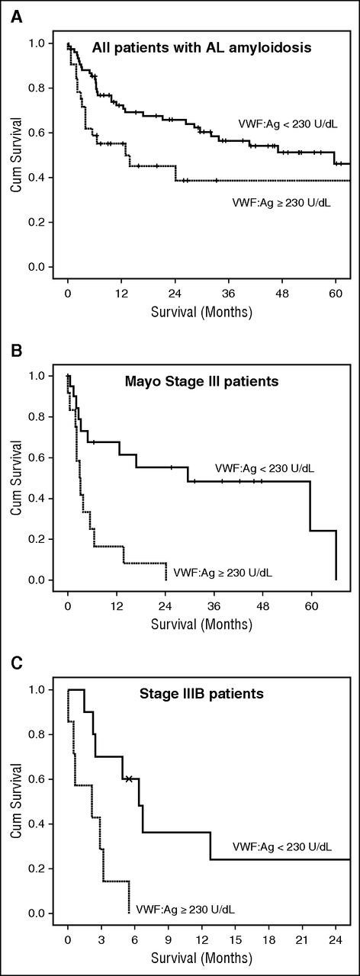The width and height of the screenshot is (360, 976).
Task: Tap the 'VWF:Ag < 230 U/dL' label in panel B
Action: point(264,468)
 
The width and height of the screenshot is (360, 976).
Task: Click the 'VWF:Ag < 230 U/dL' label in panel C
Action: point(292,846)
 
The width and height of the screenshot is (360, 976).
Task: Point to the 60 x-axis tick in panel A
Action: point(336,292)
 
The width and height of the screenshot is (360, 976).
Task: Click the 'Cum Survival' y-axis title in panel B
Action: point(16,477)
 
